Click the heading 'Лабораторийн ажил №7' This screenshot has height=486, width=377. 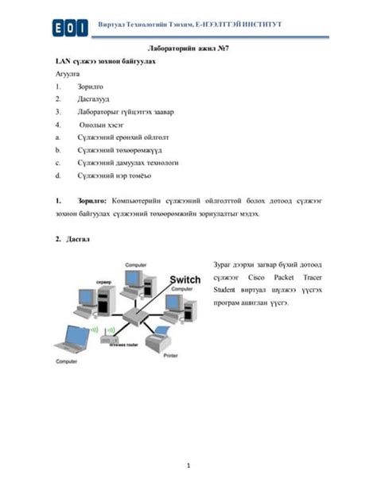click(x=187, y=49)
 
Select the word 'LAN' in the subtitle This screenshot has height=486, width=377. click(x=63, y=60)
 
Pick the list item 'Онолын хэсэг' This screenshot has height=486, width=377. click(x=99, y=125)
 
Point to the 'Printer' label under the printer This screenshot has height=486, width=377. click(x=170, y=356)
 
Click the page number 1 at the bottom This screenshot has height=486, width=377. click(x=188, y=463)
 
